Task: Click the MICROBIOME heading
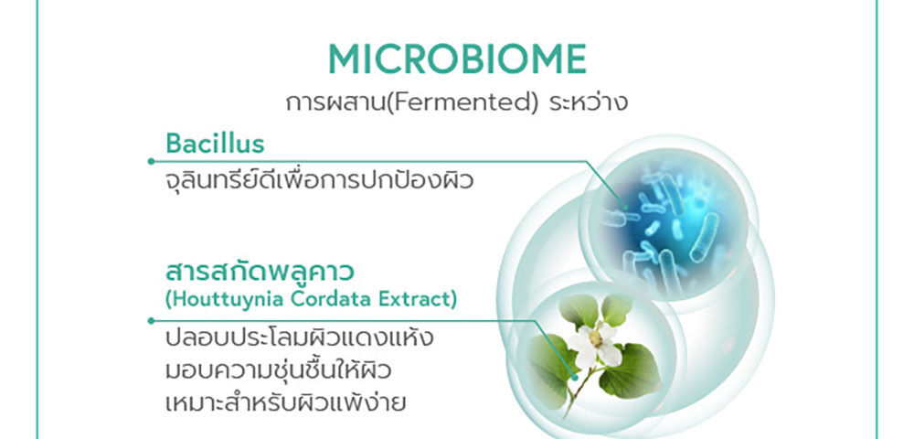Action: point(457,59)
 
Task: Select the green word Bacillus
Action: point(215,144)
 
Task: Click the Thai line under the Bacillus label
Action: point(319,180)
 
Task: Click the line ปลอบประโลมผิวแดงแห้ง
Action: point(299,339)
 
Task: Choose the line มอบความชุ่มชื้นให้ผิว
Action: point(278,370)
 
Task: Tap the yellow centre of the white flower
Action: point(595,338)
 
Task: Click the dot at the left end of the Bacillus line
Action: point(151,161)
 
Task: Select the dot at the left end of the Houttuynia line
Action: point(151,320)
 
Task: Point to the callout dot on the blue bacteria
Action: point(625,207)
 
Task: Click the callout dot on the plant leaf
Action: point(575,377)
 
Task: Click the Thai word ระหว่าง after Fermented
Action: point(588,102)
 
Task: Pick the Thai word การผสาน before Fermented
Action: point(336,103)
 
